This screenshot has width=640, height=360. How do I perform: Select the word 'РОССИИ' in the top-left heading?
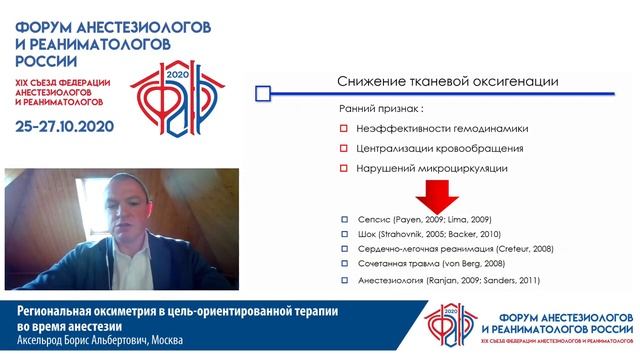click(x=44, y=60)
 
